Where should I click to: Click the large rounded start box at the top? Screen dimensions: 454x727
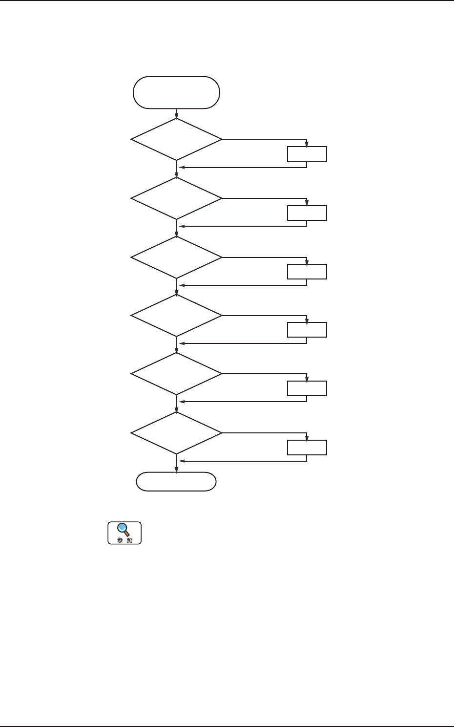pos(176,92)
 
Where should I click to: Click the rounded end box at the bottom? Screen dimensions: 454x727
pos(176,482)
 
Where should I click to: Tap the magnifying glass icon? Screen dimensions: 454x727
pos(124,529)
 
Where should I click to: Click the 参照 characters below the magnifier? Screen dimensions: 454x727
pos(124,540)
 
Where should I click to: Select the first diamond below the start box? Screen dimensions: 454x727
pos(176,139)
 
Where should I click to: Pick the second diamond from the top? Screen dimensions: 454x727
pos(176,198)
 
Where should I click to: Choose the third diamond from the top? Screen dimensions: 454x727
pos(176,257)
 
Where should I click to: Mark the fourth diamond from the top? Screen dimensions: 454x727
pos(176,315)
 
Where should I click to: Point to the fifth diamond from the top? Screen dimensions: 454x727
pos(176,374)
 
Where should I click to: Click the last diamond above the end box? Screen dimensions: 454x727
pos(176,433)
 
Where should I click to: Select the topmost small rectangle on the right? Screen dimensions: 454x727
pos(307,154)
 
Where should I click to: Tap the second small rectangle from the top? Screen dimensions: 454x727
pos(307,214)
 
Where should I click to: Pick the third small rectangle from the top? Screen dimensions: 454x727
pos(307,272)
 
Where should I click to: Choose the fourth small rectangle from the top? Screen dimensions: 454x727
pos(307,330)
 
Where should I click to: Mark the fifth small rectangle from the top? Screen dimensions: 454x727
pos(307,388)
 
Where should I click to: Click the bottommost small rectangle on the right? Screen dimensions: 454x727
pos(307,448)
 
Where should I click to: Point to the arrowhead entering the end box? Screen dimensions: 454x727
pos(176,470)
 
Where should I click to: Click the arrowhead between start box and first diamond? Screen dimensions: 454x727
pos(176,116)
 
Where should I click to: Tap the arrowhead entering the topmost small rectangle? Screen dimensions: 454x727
pos(307,144)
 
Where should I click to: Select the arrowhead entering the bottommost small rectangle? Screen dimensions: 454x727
pos(307,438)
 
